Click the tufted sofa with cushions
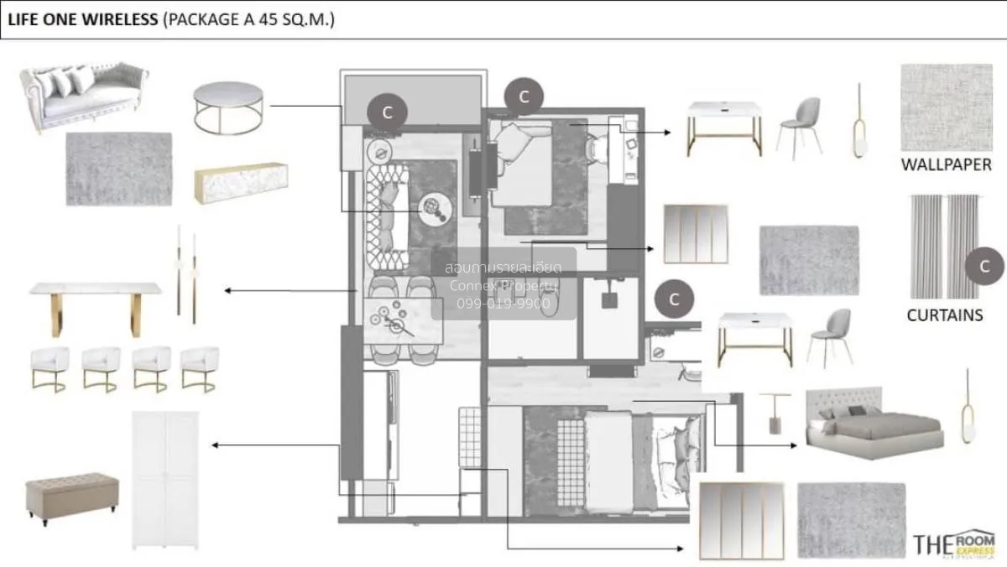(x=82, y=96)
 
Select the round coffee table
(x=228, y=107)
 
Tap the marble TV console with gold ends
(x=240, y=182)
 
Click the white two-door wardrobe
(x=165, y=479)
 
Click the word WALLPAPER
(x=946, y=164)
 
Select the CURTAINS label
(x=944, y=315)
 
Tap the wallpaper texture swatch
(x=946, y=107)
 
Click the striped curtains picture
(x=944, y=247)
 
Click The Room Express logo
(x=955, y=544)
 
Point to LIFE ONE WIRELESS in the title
(x=82, y=19)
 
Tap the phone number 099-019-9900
(x=503, y=304)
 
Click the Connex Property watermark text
(x=503, y=286)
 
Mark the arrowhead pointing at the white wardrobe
(x=216, y=445)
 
